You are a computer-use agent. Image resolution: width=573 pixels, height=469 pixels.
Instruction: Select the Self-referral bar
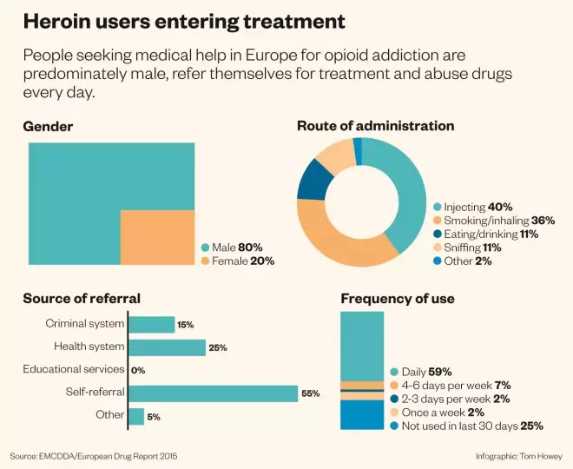pyautogui.click(x=213, y=393)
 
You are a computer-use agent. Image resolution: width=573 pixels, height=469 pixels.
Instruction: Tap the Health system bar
pyautogui.click(x=167, y=347)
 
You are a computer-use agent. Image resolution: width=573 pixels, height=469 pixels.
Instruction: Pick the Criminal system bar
pyautogui.click(x=151, y=325)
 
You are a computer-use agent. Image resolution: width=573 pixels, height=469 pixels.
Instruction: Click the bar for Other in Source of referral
pyautogui.click(x=136, y=416)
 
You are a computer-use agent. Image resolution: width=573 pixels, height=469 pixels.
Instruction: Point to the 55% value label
pyautogui.click(x=310, y=393)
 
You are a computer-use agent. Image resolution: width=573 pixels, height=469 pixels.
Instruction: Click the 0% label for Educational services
pyautogui.click(x=137, y=370)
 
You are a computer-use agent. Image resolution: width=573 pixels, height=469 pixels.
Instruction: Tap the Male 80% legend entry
pyautogui.click(x=231, y=247)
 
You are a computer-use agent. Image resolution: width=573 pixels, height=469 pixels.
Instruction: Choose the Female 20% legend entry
pyautogui.click(x=236, y=261)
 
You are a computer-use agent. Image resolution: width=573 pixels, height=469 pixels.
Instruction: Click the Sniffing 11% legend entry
pyautogui.click(x=470, y=248)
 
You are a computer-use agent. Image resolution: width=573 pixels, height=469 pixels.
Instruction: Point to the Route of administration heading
pyautogui.click(x=375, y=126)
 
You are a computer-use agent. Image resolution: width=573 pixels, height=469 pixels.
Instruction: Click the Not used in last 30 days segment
pyautogui.click(x=361, y=414)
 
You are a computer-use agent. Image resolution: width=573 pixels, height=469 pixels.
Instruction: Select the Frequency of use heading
pyautogui.click(x=397, y=299)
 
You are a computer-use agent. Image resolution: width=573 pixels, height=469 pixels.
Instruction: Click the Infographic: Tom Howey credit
pyautogui.click(x=517, y=456)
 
